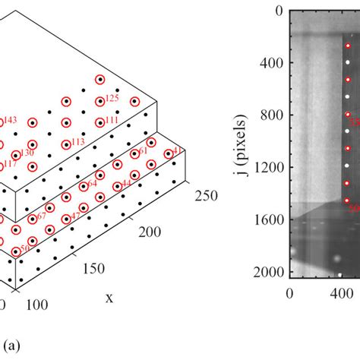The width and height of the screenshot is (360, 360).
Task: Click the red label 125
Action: pos(112,98)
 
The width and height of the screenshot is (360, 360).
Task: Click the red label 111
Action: pos(112,120)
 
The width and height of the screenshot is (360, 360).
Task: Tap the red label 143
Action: pos(11,120)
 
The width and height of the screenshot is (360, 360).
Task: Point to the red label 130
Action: pos(27,153)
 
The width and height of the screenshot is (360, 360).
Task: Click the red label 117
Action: pos(10,163)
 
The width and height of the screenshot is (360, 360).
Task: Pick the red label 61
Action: pos(143,151)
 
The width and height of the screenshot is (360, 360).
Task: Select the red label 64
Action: pos(92,183)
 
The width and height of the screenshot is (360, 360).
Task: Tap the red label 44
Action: pos(126,183)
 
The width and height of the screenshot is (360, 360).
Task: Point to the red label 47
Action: pos(75,216)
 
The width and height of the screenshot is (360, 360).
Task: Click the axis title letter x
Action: pos(109,298)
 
